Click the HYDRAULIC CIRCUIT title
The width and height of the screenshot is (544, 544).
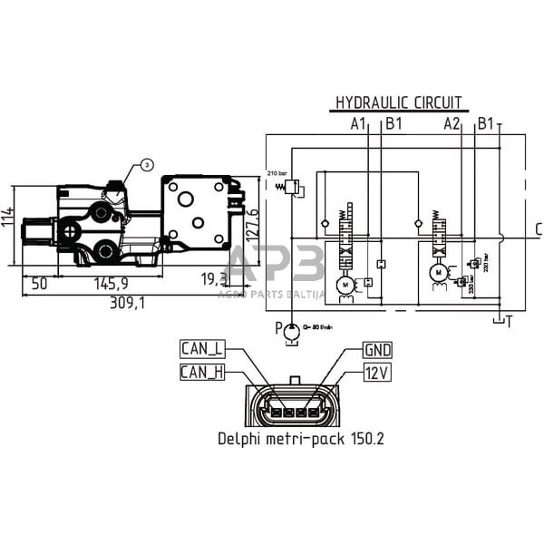point(399,102)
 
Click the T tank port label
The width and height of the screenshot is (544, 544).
point(509,320)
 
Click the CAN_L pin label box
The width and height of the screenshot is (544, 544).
point(202,348)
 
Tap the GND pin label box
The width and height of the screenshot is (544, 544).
point(377,349)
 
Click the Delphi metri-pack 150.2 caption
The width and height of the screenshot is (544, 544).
point(301,439)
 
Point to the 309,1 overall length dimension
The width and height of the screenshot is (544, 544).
point(127,302)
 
